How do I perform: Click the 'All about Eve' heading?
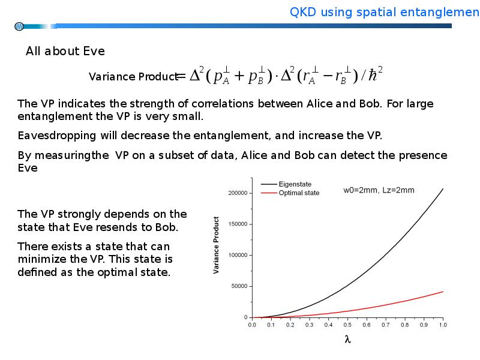[65, 51]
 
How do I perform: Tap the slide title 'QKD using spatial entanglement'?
[385, 12]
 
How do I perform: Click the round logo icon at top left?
[19, 26]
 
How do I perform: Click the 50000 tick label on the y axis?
[239, 286]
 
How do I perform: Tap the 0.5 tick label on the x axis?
[347, 325]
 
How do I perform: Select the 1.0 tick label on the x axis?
[443, 325]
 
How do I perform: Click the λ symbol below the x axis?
[347, 339]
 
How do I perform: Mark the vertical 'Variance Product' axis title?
[216, 245]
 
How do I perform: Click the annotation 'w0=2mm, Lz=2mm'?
[379, 190]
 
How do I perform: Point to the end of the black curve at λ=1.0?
[443, 188]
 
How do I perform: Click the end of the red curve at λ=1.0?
[443, 292]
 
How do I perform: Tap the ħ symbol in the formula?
[373, 76]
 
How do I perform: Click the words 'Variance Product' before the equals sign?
[133, 77]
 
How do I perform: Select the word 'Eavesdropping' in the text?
[57, 136]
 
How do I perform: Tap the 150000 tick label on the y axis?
[238, 224]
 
